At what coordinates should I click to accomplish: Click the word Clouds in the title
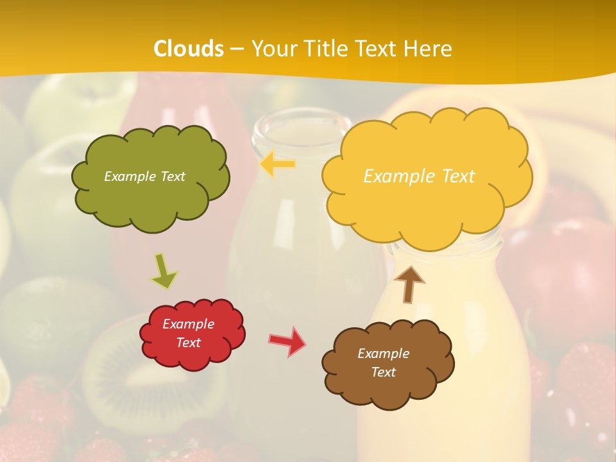click(x=189, y=49)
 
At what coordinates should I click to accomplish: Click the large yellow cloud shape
click(x=427, y=205)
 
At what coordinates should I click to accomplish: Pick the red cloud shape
click(x=193, y=356)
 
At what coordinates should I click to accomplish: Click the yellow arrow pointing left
click(x=278, y=164)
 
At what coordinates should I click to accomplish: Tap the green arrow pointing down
click(x=164, y=270)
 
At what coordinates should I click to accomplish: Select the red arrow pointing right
click(x=287, y=341)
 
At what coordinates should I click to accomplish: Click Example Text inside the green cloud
click(x=144, y=176)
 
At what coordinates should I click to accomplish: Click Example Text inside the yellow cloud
click(x=419, y=176)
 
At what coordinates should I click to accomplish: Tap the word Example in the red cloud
click(x=188, y=324)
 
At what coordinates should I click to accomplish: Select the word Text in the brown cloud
click(x=383, y=372)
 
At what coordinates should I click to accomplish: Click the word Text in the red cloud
click(x=189, y=343)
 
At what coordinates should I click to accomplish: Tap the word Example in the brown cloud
click(x=383, y=354)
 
